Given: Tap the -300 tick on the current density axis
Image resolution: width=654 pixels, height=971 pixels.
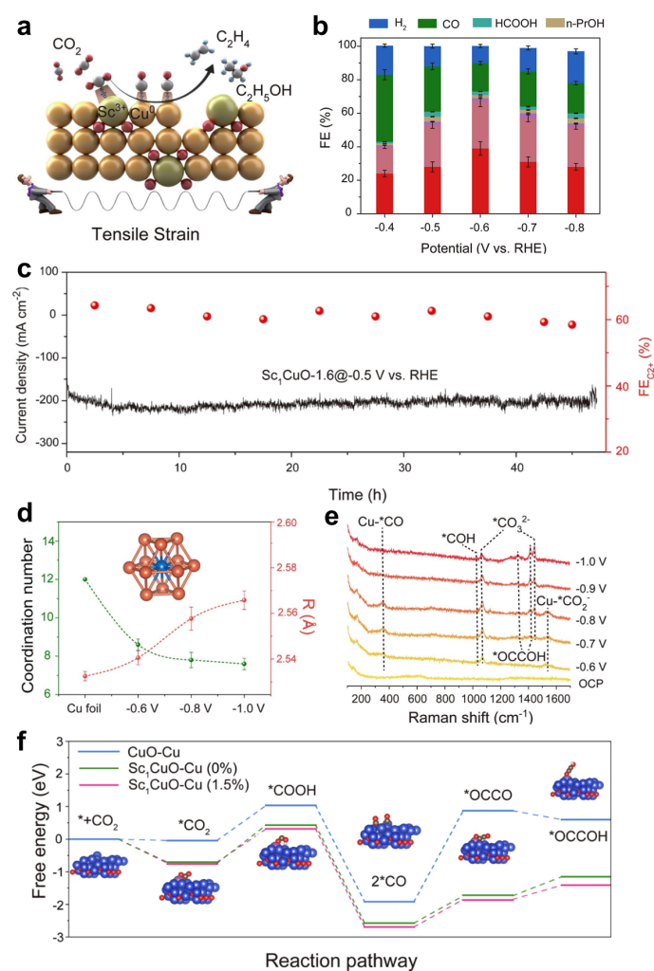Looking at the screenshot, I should coord(44,443).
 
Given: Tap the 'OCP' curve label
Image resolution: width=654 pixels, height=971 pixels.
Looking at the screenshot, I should coord(589,681).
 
